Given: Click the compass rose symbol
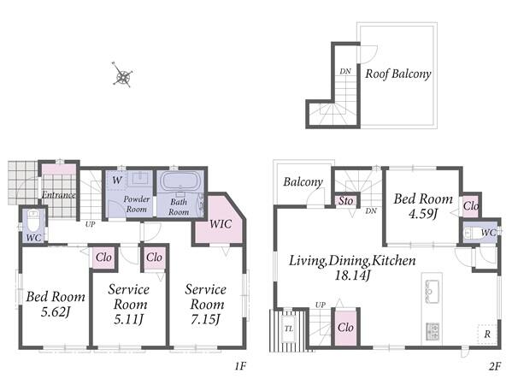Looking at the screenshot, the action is tap(122, 75).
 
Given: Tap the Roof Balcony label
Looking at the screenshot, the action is tap(398, 74).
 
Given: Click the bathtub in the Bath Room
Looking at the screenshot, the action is tap(180, 181).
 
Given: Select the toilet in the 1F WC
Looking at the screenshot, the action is tap(33, 221).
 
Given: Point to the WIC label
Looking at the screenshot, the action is tap(221, 224).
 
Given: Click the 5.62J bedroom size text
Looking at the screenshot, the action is tap(56, 312).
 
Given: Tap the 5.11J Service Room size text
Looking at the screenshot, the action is tap(129, 319).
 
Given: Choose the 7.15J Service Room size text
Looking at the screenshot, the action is tap(205, 319).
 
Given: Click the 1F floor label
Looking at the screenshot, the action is tap(240, 366).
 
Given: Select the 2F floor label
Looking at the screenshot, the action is tap(495, 366).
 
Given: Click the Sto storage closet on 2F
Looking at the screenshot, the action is tap(345, 201).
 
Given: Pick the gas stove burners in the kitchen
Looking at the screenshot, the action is tap(432, 331).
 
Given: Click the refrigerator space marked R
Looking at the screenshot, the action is tap(487, 334).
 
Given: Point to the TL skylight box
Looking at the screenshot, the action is tap(289, 329).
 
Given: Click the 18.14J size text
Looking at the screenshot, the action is tap(353, 275).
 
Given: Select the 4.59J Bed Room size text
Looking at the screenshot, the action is tap(423, 214).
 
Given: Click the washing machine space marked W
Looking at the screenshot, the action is tap(116, 180).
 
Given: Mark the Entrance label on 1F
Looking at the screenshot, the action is tap(59, 195).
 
